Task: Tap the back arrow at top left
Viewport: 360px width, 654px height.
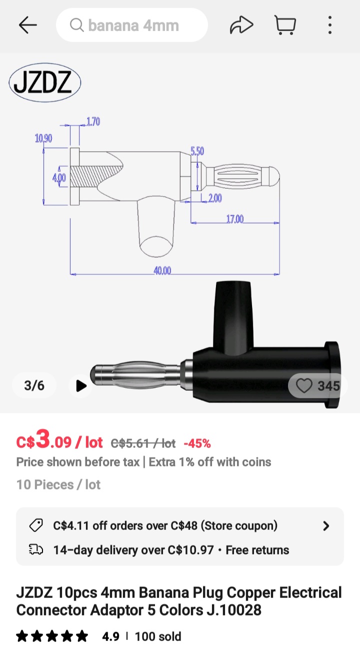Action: coord(28,25)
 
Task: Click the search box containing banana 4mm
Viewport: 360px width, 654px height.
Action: coord(132,25)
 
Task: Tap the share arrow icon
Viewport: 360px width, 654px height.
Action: coord(241,25)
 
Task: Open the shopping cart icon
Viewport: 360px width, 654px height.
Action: coord(285,25)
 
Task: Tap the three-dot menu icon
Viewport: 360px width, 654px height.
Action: coord(330,25)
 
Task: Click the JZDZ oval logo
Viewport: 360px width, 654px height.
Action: coord(45,83)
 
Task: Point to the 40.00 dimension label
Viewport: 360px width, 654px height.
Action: coord(162,271)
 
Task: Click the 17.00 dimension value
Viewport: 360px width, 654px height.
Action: coord(235,219)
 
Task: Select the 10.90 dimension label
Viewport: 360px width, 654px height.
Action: coord(43,138)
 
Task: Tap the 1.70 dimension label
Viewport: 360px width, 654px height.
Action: coord(93,121)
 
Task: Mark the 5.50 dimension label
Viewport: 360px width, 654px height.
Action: coord(197,151)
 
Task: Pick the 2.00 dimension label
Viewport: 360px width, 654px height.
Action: coord(214,198)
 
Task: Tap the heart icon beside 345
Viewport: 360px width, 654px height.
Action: coord(304,386)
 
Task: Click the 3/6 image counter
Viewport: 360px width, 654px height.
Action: coord(34,385)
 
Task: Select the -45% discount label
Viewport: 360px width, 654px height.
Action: coord(197,443)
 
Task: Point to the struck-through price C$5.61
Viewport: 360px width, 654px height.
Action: coord(143,443)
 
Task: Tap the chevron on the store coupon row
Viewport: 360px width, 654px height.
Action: coord(326,526)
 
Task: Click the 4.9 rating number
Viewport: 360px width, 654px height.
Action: coord(110,636)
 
